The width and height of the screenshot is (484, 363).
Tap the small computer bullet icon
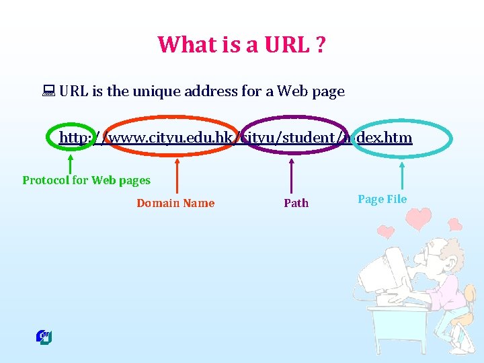click(49, 91)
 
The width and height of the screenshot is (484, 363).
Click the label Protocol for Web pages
click(86, 180)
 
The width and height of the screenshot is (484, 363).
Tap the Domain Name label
click(175, 203)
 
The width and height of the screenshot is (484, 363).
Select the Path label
click(296, 203)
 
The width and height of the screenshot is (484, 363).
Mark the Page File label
click(382, 199)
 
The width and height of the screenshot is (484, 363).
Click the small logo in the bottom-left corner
click(44, 337)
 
